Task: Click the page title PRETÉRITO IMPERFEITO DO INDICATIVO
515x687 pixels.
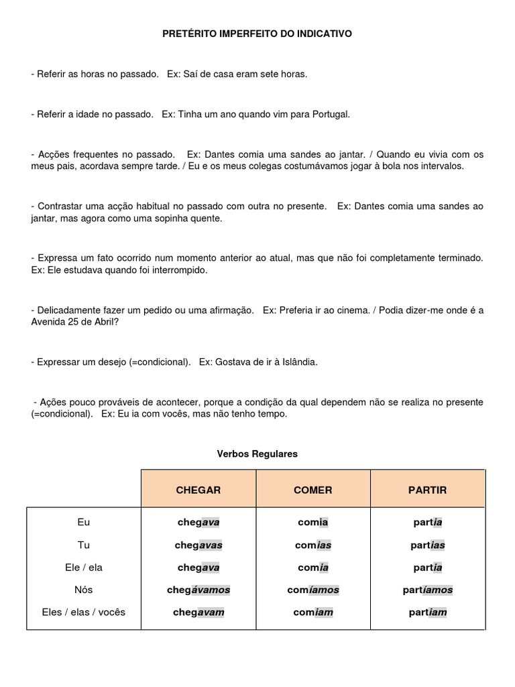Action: coord(257,33)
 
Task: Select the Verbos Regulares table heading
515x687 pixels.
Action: coord(257,454)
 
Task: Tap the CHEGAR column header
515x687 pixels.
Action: coord(198,490)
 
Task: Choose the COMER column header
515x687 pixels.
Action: coord(312,490)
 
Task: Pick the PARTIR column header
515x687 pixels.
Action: coord(427,490)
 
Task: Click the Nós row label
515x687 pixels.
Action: coord(83,590)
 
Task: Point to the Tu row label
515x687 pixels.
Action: coord(83,545)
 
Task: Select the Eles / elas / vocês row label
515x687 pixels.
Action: coord(83,612)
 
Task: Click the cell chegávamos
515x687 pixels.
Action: coord(198,590)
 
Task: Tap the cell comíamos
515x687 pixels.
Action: coord(314,590)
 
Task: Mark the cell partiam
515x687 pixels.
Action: coord(428,612)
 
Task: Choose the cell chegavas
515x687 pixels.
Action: coord(198,545)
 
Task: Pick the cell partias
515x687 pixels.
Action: coord(428,545)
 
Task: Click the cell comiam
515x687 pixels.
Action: coord(314,612)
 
